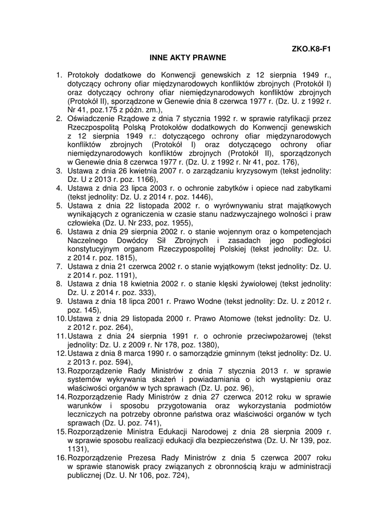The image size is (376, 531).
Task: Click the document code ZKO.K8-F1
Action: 312,50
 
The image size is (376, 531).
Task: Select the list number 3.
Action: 59,170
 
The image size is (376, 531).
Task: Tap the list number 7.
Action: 59,267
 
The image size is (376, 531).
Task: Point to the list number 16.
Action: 61,458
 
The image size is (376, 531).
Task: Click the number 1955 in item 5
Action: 180,222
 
